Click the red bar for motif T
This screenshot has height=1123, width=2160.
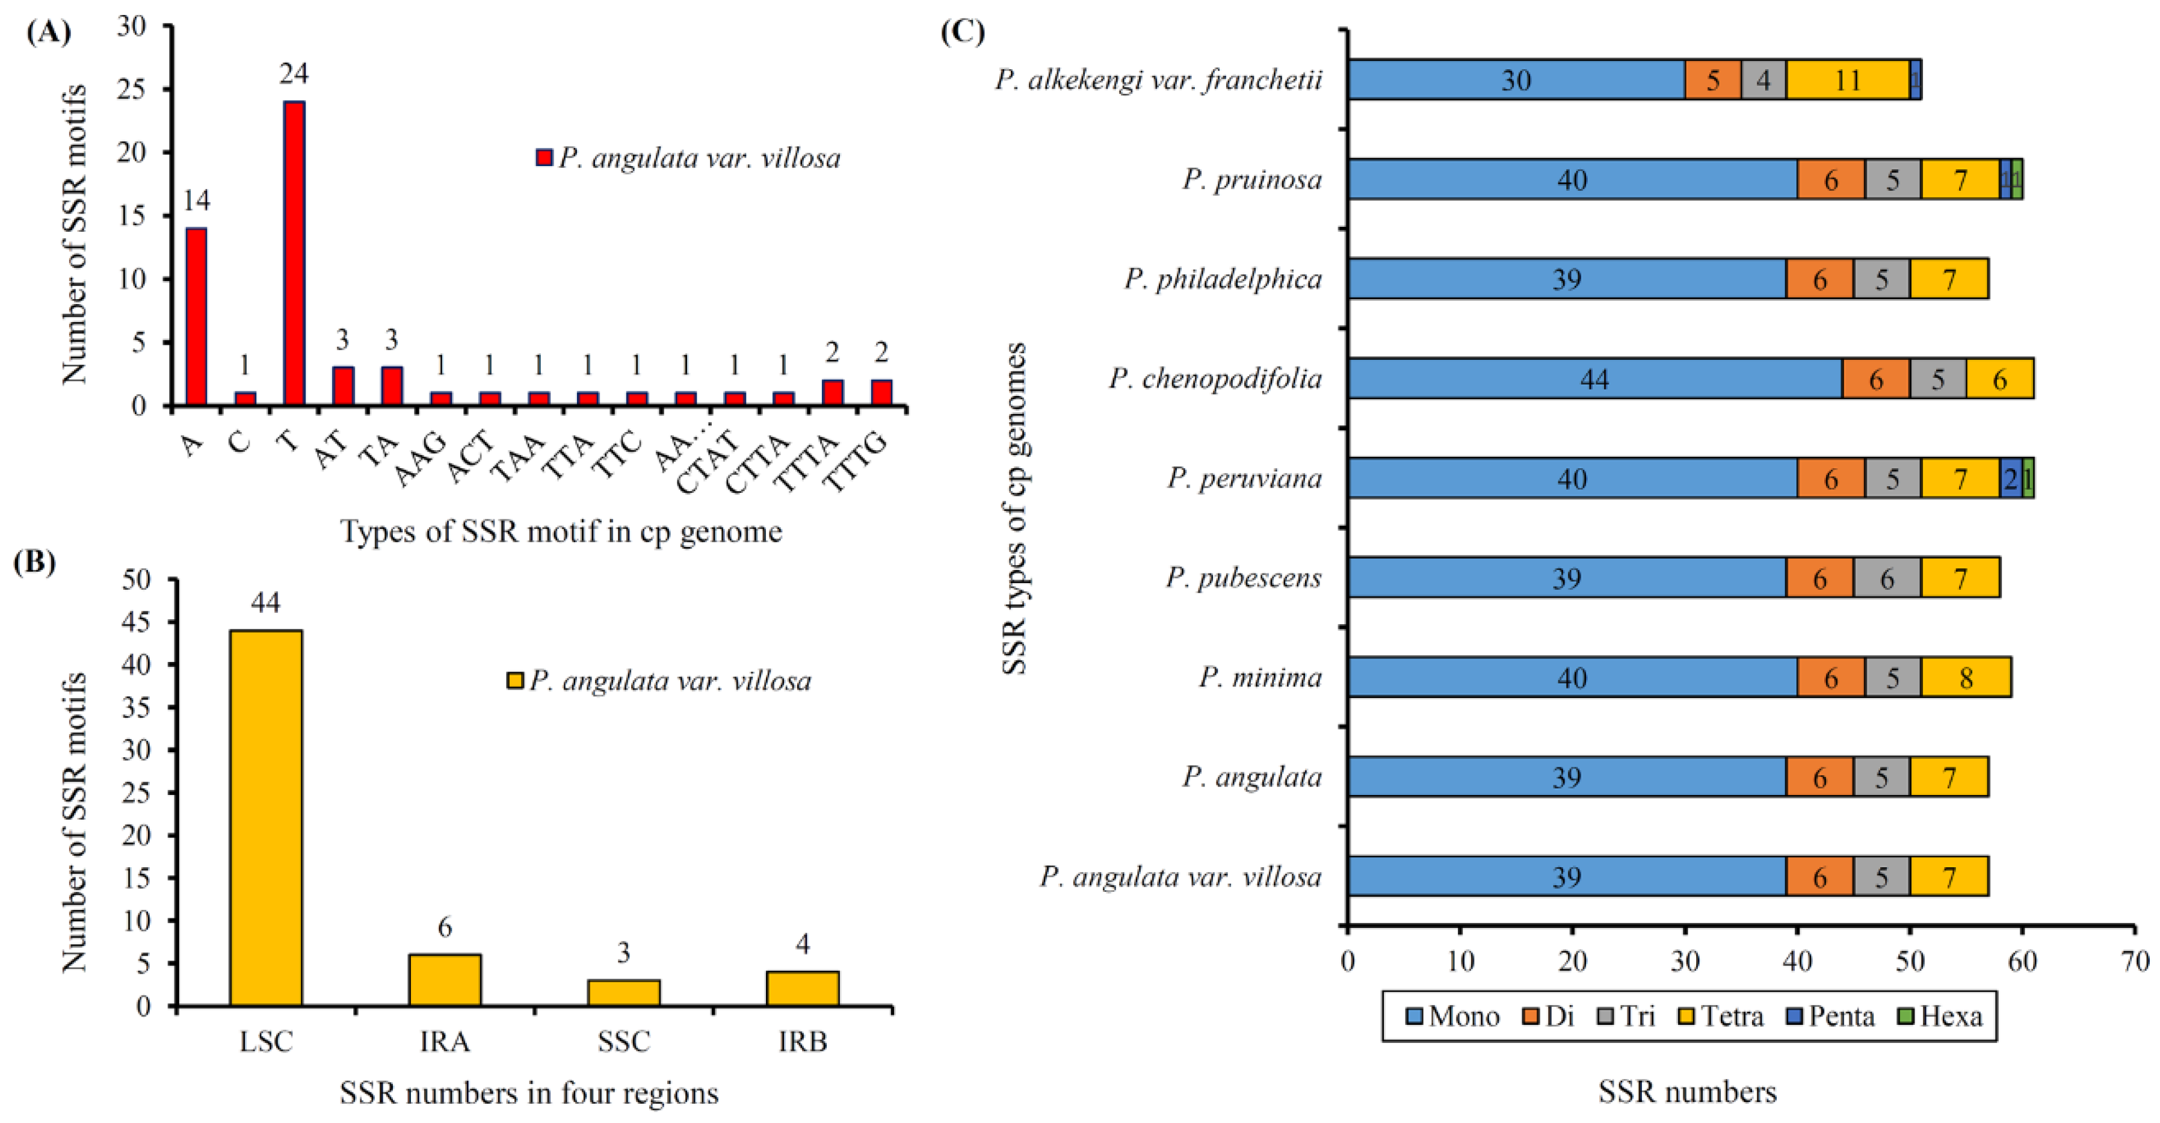click(294, 253)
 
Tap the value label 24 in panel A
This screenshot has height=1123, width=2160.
click(294, 75)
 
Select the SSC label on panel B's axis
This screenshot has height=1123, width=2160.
click(623, 1042)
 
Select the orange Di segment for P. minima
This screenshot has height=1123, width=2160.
click(1830, 678)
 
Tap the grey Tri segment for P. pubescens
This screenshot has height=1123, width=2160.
click(1887, 578)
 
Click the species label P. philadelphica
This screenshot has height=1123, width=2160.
click(1223, 279)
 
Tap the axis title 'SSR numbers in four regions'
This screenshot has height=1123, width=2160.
click(528, 1093)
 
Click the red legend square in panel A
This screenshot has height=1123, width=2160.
click(544, 158)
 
